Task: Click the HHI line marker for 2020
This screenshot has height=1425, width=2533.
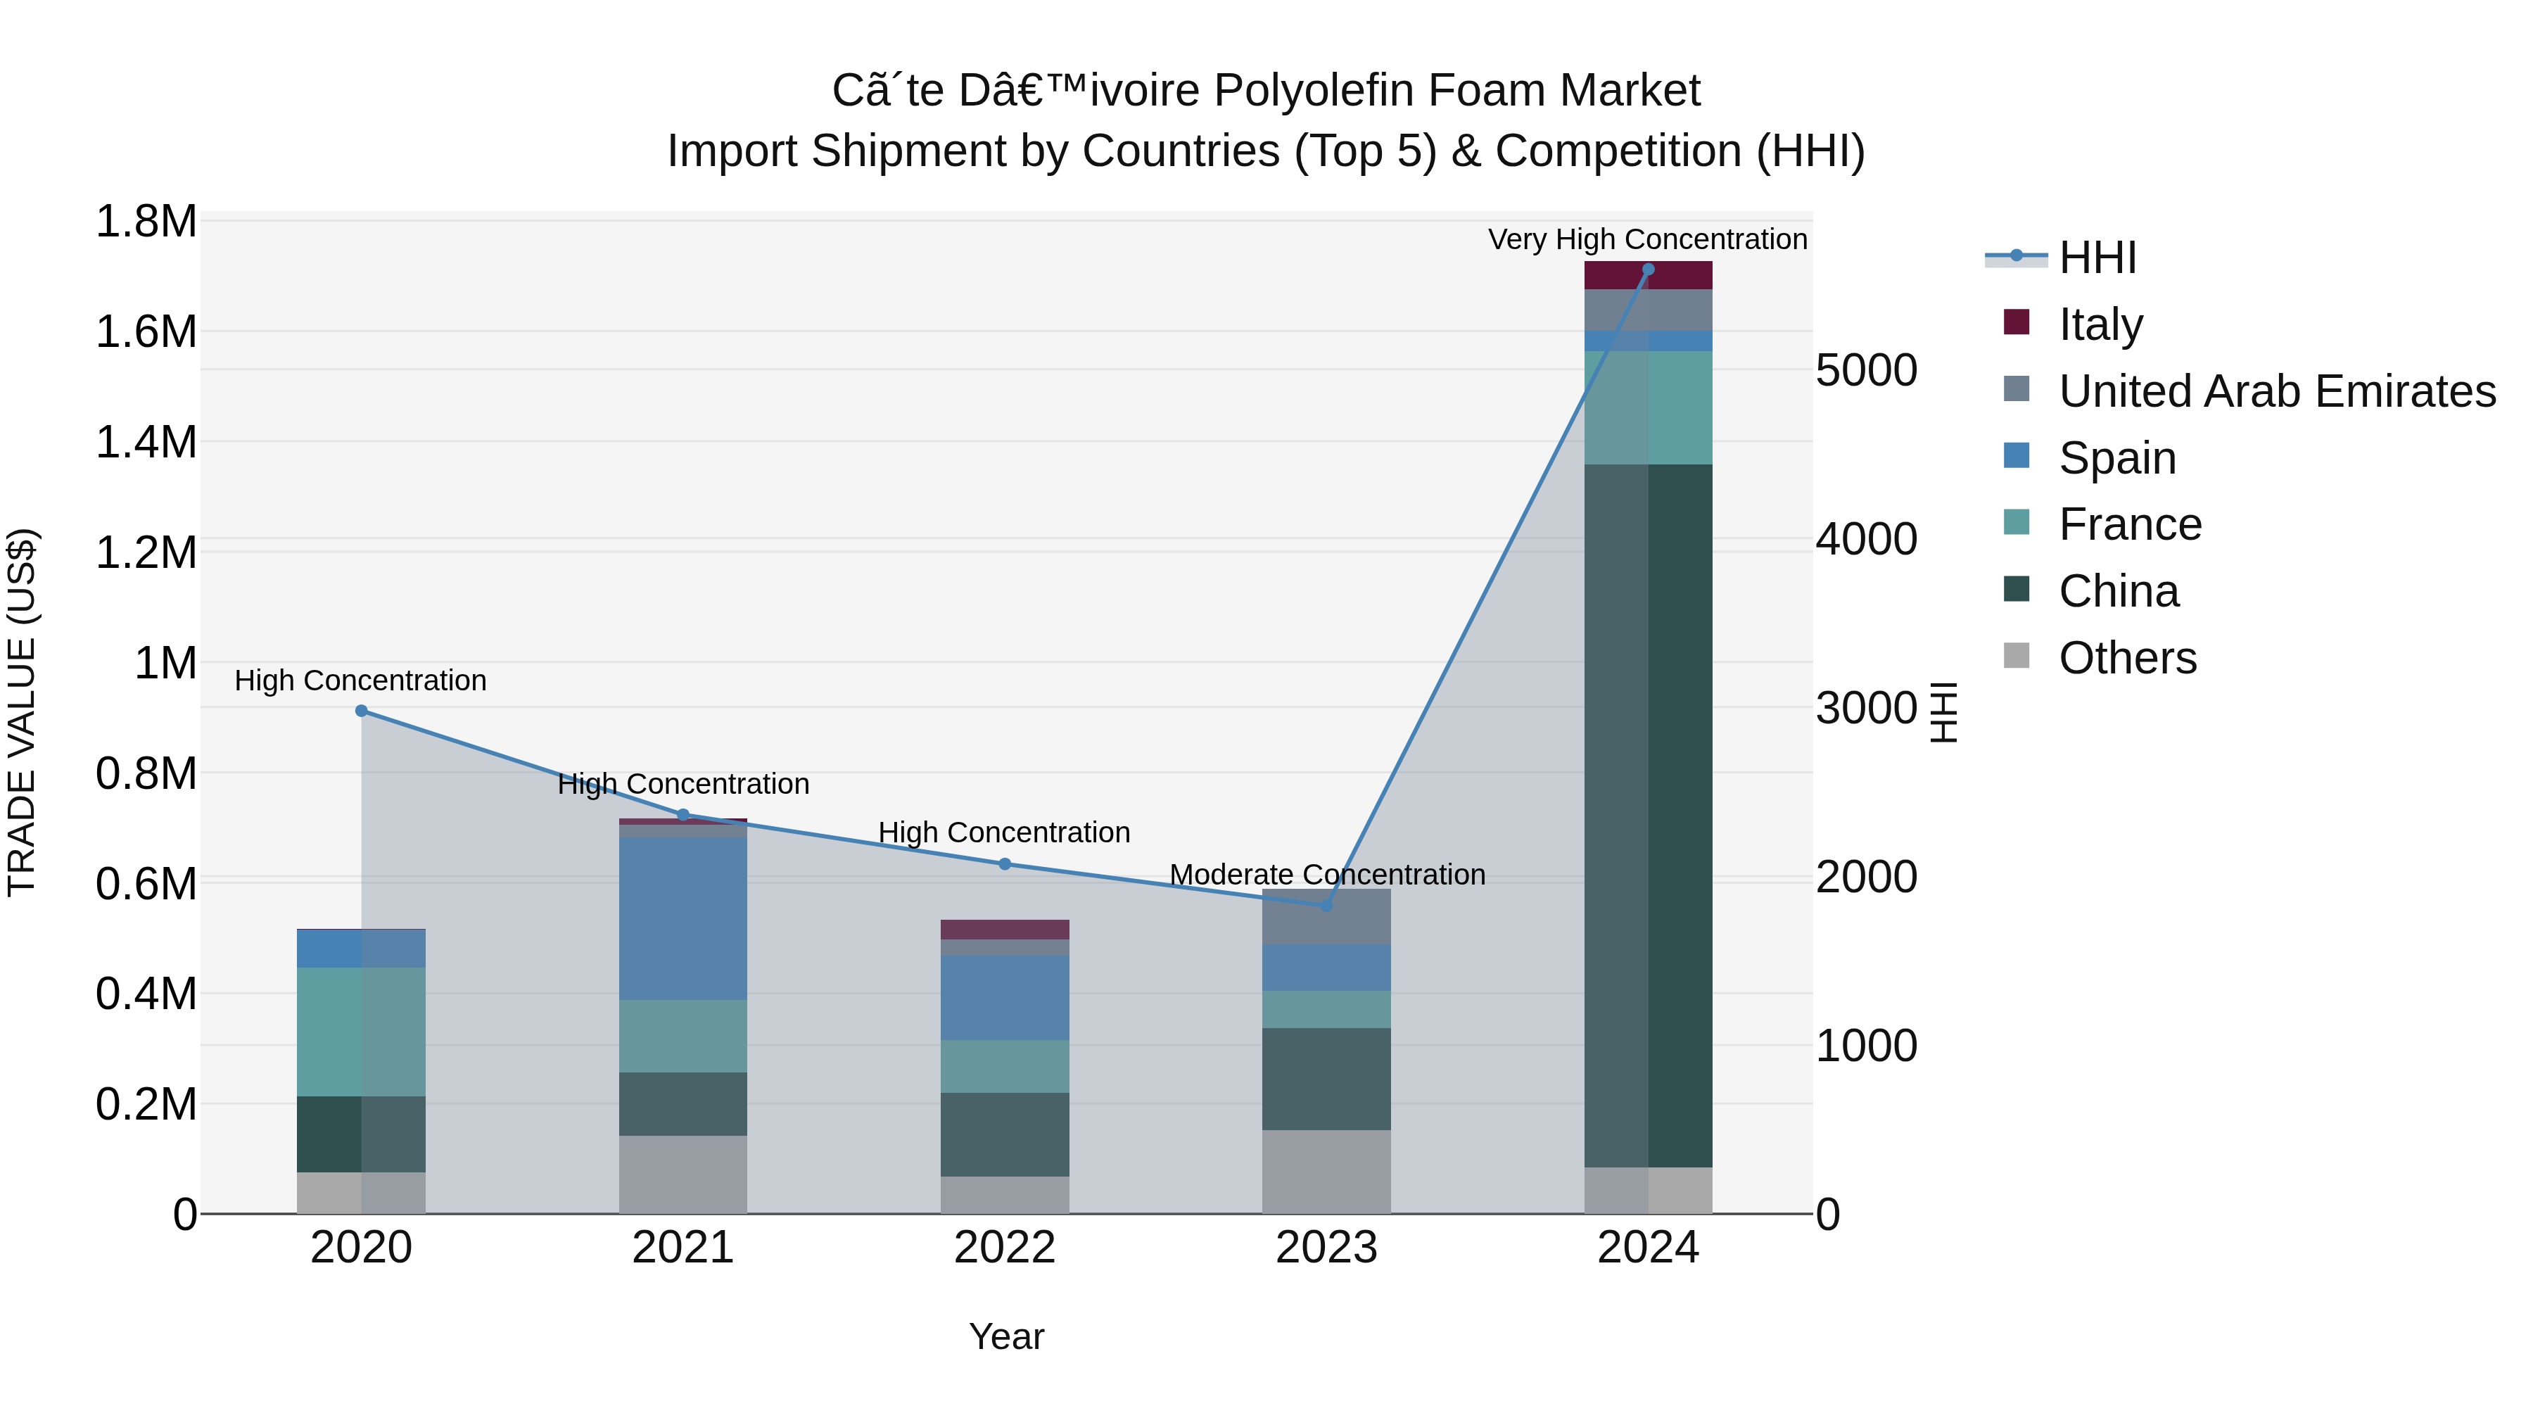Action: [361, 711]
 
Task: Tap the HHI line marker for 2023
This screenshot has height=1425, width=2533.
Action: [1326, 906]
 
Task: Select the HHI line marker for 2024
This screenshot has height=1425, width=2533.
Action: [1648, 270]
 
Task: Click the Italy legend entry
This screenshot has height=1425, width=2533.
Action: [2100, 324]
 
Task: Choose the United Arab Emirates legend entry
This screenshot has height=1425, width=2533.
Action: [2276, 391]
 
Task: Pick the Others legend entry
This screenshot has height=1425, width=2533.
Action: [2127, 658]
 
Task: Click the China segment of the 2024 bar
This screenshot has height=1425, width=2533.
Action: [1648, 816]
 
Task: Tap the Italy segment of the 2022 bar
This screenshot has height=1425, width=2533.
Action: [1005, 930]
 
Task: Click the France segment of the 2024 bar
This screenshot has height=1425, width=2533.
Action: [1648, 407]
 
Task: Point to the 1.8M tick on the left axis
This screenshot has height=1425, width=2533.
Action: [146, 222]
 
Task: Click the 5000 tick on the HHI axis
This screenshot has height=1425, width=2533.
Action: [1866, 371]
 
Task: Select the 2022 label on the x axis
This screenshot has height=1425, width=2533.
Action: [1005, 1248]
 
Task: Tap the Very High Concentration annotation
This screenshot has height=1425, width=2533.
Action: [1647, 239]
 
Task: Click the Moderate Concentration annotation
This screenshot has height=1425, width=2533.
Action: [1326, 874]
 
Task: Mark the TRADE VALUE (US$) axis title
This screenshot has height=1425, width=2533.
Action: [22, 712]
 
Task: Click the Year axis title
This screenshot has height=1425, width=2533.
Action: [1006, 1336]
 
